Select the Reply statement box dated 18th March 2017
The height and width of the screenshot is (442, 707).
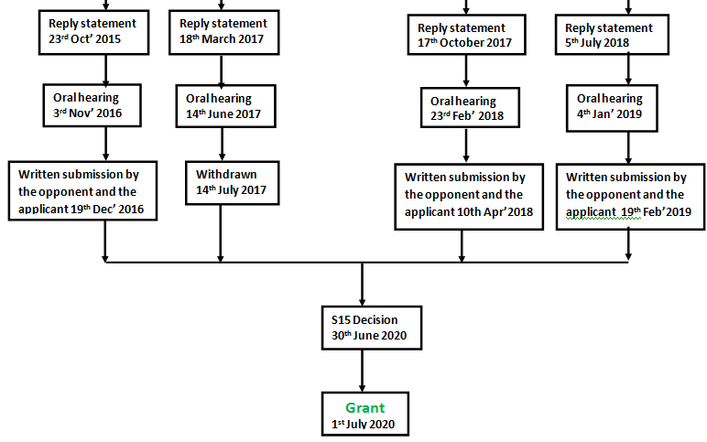(x=222, y=31)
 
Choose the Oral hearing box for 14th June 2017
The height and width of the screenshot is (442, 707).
(x=223, y=105)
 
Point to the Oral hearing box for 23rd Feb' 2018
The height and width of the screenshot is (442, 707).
(x=467, y=109)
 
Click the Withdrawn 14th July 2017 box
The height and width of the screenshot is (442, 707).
(x=223, y=183)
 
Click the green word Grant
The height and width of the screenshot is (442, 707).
(x=364, y=408)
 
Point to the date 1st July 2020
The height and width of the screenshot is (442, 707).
(x=364, y=425)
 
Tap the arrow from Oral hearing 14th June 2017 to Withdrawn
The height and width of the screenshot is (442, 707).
(x=221, y=145)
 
